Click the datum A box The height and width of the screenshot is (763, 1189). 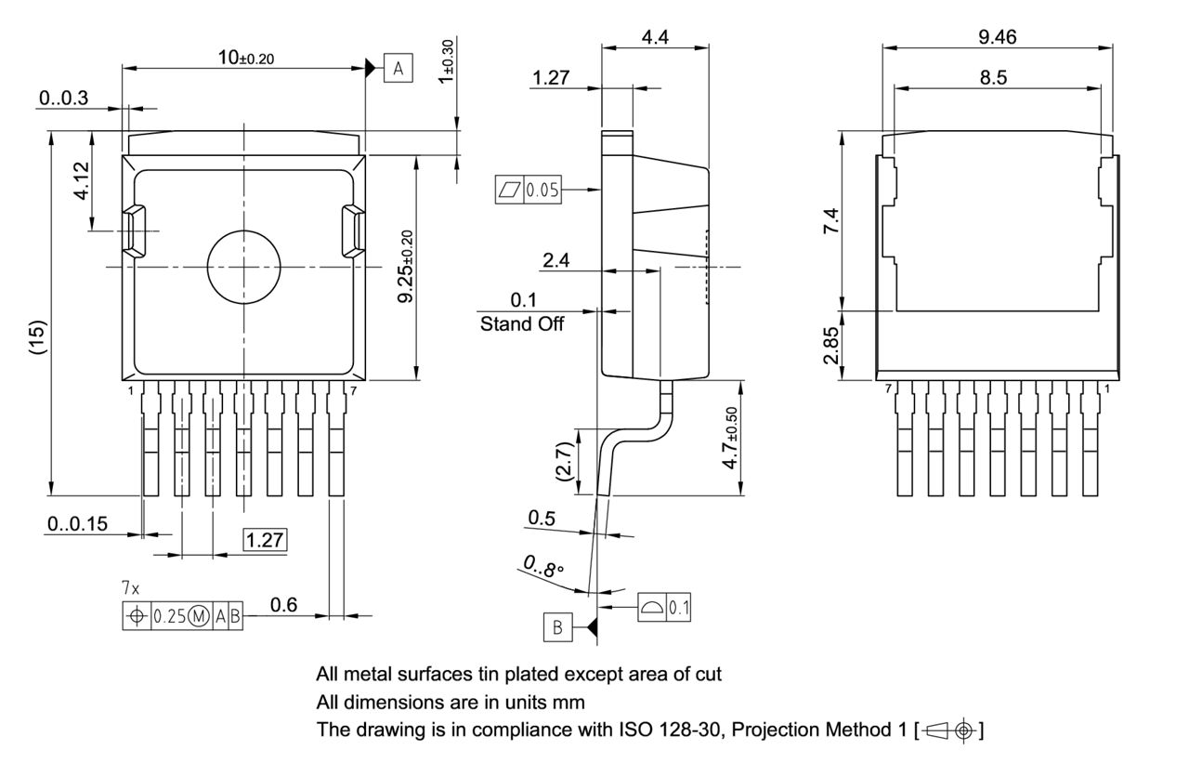click(x=399, y=68)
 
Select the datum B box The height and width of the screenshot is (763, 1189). click(x=557, y=627)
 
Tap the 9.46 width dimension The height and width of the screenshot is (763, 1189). click(x=997, y=36)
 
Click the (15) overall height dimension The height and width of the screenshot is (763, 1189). click(x=36, y=338)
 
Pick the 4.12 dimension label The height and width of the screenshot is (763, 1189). click(x=82, y=181)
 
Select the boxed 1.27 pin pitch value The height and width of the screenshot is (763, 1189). click(x=265, y=540)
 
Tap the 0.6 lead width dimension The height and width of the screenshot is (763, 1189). click(x=283, y=605)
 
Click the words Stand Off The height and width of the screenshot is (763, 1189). click(x=521, y=324)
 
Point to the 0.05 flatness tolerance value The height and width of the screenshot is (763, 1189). click(x=542, y=191)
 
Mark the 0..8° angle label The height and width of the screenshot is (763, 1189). click(x=543, y=567)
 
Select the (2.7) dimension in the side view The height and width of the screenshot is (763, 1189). click(x=563, y=462)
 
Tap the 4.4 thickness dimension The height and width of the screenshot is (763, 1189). click(x=655, y=37)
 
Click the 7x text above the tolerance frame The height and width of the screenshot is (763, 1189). click(x=131, y=589)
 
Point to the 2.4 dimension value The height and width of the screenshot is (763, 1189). click(x=556, y=260)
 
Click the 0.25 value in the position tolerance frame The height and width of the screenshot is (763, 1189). click(x=169, y=616)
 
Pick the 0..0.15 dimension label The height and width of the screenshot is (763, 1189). click(x=77, y=524)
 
